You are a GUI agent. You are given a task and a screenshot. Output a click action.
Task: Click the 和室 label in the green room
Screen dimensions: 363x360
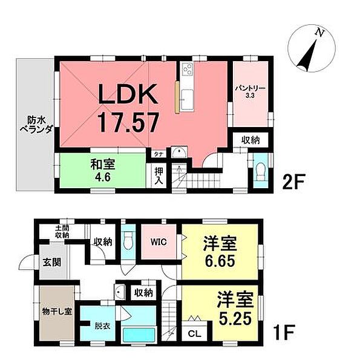tap(100, 163)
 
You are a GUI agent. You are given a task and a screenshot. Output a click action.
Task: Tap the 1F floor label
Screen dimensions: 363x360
tap(284, 332)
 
